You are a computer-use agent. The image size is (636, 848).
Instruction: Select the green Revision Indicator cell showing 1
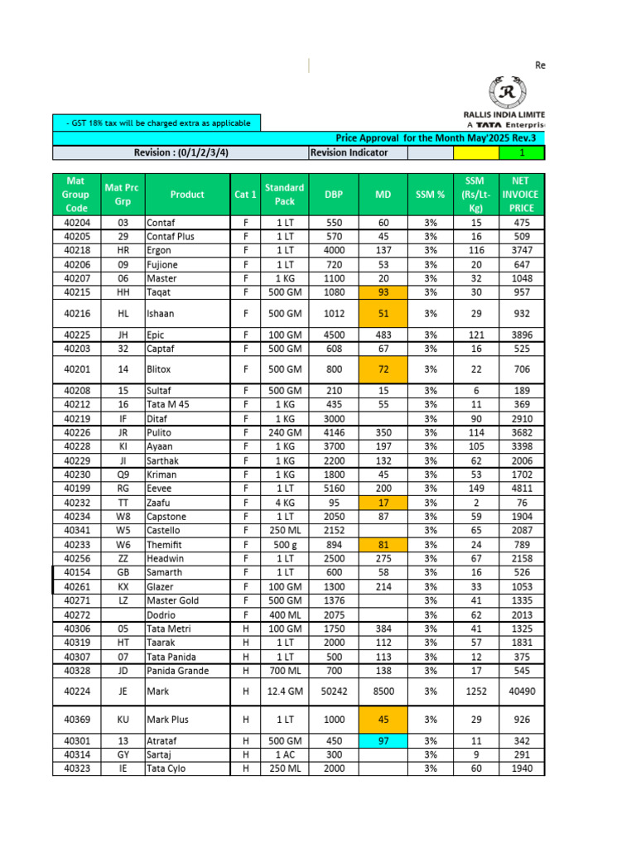(x=522, y=152)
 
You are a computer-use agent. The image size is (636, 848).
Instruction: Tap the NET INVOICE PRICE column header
(x=522, y=194)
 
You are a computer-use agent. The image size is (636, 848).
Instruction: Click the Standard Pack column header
(x=284, y=194)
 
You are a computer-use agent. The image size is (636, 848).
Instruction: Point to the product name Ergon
(x=159, y=250)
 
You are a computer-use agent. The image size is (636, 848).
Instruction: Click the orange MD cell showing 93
(x=383, y=292)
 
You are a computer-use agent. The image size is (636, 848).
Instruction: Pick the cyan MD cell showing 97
(x=383, y=740)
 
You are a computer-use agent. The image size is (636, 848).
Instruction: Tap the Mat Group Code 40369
(x=77, y=720)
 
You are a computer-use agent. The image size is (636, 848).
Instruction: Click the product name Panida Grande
(x=177, y=670)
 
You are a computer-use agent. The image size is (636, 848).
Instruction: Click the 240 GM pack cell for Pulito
(x=284, y=432)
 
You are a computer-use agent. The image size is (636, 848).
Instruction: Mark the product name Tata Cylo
(x=166, y=768)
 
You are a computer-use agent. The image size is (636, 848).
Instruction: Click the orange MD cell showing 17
(x=383, y=503)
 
